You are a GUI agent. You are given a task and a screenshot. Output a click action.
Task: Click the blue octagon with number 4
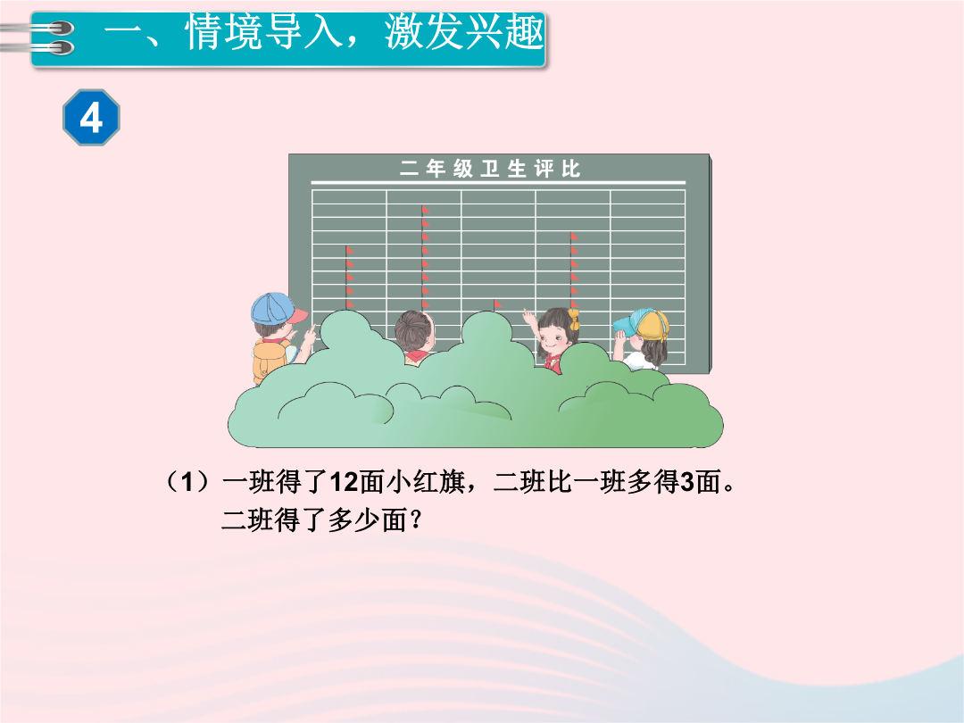point(91,118)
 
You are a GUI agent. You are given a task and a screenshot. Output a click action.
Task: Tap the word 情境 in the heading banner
point(223,33)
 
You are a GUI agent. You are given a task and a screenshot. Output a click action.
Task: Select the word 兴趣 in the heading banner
point(504,33)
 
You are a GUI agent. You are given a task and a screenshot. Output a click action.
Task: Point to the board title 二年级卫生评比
point(490,169)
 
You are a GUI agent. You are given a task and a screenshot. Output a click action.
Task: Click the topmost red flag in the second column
point(426,211)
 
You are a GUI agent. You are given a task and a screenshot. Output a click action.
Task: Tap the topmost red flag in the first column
point(349,250)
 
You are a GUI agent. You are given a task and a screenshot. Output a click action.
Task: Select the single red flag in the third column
point(497,303)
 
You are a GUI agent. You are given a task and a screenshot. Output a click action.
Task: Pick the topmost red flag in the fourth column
point(574,237)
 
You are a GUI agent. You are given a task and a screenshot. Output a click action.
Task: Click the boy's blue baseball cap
point(278,309)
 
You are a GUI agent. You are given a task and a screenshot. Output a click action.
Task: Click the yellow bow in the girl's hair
point(574,319)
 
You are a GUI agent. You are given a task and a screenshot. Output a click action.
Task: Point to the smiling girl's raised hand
point(528,318)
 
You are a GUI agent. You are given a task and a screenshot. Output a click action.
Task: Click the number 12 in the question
point(345,482)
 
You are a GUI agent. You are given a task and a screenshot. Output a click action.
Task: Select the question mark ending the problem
point(416,520)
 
